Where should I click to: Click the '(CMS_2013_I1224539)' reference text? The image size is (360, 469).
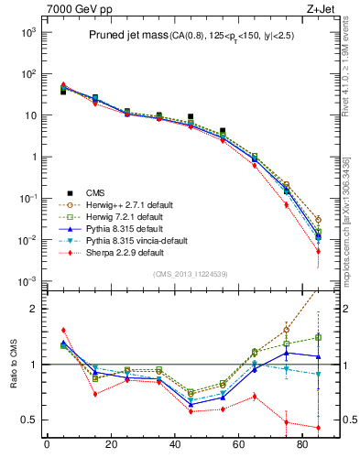tap(190, 274)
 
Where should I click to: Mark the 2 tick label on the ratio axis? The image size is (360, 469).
tap(32, 309)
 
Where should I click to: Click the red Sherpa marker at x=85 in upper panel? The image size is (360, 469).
tap(318, 251)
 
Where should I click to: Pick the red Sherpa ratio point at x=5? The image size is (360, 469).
tap(63, 330)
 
